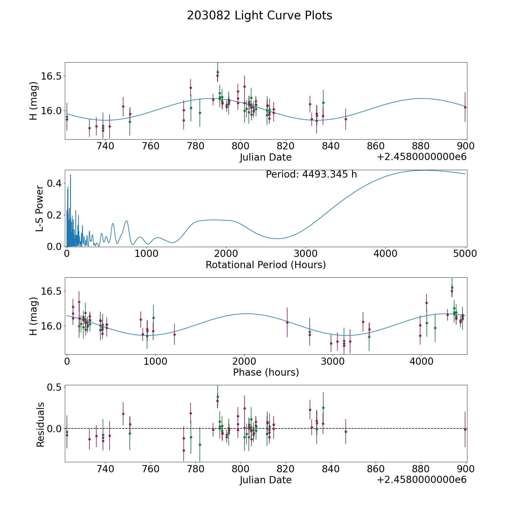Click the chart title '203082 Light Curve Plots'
point(259,16)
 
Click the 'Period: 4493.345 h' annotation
point(311,174)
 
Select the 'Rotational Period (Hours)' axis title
point(266,265)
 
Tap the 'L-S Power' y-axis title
point(40,208)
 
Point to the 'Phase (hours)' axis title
point(266,372)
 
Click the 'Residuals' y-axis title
point(40,425)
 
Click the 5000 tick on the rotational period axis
point(465,254)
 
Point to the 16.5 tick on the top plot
point(51,76)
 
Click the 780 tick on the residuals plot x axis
point(195,469)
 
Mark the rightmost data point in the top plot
point(465,107)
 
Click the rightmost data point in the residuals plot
point(465,430)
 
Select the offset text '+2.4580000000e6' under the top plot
point(422,157)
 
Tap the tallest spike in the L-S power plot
point(70,175)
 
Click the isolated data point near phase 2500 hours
point(287,322)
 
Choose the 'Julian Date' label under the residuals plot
point(266,480)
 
